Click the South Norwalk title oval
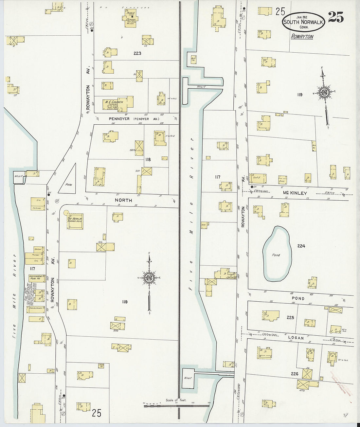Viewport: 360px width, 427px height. coord(303,22)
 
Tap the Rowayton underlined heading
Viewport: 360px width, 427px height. coord(302,37)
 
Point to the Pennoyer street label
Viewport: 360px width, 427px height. coord(119,119)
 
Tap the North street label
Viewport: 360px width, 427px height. coord(123,200)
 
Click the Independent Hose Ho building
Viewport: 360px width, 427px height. coord(36,278)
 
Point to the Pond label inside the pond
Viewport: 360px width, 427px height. coord(276,255)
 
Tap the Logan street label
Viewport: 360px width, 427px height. coord(296,338)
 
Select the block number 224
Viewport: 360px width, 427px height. coord(301,246)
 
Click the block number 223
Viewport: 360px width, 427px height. coord(137,53)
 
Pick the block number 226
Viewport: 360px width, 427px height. coord(294,374)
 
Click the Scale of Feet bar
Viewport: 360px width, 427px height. coord(176,406)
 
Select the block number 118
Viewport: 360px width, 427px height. coord(148,159)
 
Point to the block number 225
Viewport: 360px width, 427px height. coord(290,317)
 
